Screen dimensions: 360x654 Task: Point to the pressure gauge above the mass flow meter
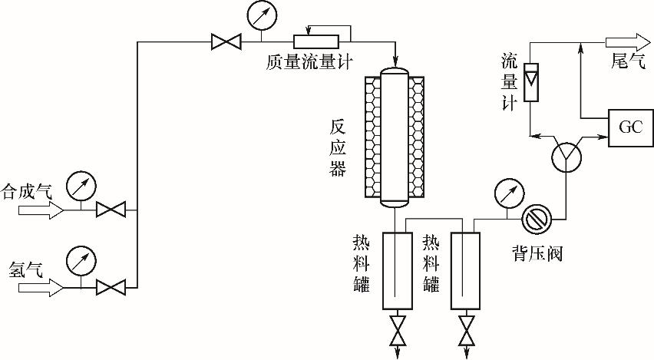tap(263, 14)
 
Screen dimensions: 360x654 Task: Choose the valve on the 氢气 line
tap(111, 288)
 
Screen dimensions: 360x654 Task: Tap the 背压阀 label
tap(537, 252)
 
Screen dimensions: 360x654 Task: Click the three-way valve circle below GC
tap(566, 157)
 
